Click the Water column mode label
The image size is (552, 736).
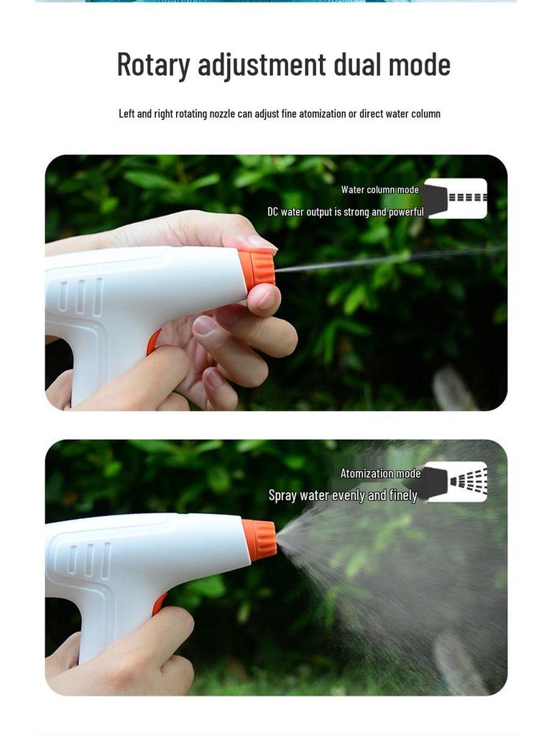379,190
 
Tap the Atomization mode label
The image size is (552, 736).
380,474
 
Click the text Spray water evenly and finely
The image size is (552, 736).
343,495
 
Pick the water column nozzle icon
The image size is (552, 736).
456,198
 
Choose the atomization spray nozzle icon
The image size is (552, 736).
456,482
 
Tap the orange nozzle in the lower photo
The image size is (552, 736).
260,540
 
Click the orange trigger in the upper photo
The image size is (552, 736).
153,342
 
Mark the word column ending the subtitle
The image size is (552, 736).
424,114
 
